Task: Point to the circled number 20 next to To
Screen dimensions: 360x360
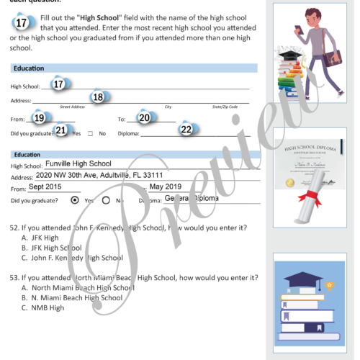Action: [x=144, y=118]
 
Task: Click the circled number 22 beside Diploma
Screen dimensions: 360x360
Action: [x=186, y=130]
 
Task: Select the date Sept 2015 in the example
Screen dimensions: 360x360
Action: [x=45, y=186]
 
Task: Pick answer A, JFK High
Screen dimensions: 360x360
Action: [x=45, y=238]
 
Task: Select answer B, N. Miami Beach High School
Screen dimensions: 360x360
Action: [x=81, y=297]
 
